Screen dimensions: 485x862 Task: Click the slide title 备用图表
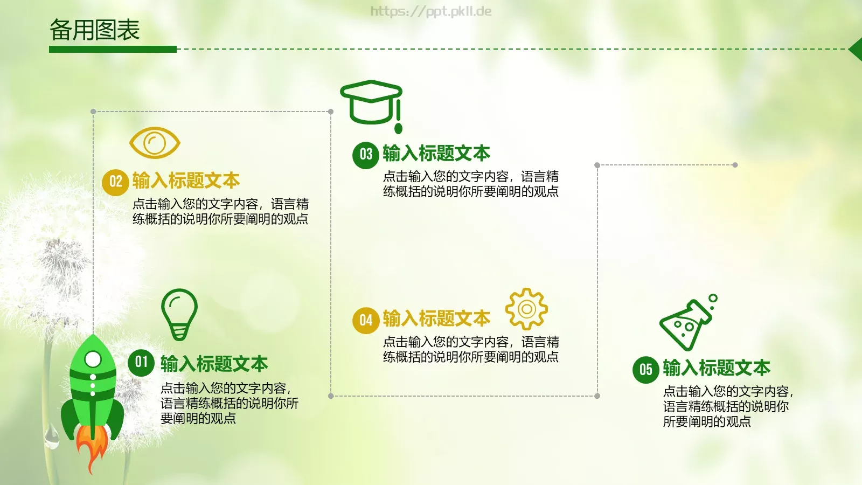tap(95, 30)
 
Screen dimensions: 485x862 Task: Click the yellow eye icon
tap(155, 143)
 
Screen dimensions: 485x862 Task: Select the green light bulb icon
tap(179, 314)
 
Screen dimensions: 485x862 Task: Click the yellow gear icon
tap(526, 309)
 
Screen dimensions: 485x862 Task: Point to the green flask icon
tap(687, 323)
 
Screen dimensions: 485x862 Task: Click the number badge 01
tap(141, 362)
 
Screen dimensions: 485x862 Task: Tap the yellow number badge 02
tap(115, 182)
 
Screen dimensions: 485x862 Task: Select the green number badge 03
tap(366, 155)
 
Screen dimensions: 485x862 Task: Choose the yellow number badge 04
tap(366, 321)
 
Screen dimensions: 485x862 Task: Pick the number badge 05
tap(645, 370)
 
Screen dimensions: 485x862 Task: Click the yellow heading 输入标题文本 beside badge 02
tap(186, 181)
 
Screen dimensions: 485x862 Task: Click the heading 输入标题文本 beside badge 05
tap(717, 368)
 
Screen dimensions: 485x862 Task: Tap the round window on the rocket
tap(93, 359)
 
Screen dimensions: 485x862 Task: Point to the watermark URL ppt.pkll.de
tap(431, 11)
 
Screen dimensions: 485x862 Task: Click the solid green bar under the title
tap(113, 49)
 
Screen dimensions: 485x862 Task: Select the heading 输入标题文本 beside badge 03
tap(436, 154)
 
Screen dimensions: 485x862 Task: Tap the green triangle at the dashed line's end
tap(856, 49)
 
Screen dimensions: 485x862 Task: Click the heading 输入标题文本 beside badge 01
tap(214, 364)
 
